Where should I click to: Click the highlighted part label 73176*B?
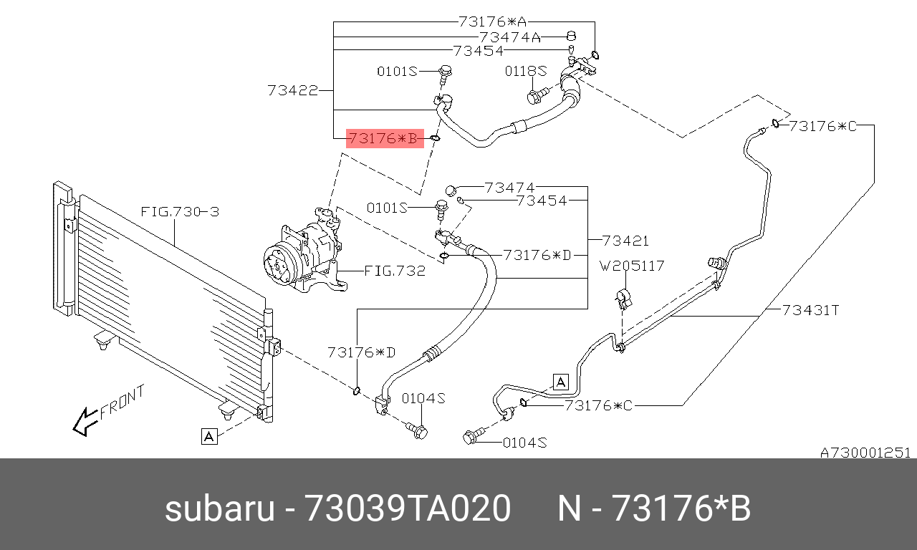coord(383,138)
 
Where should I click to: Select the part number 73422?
coord(292,91)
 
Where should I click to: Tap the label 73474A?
coord(510,37)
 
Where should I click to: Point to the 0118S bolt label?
coord(525,71)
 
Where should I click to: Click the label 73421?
coord(625,241)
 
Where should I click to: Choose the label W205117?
coord(632,266)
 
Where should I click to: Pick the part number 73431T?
coord(810,310)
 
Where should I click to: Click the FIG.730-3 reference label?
coord(179,212)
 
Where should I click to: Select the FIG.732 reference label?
coord(395,271)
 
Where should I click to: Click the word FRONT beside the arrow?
coord(123,402)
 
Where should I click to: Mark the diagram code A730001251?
coord(865,453)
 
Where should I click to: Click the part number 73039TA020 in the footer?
coord(408,509)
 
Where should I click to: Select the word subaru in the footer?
coord(220,509)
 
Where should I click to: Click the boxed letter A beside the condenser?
coord(208,436)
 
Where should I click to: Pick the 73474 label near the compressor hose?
coord(509,188)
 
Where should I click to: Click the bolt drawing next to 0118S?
coord(537,94)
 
